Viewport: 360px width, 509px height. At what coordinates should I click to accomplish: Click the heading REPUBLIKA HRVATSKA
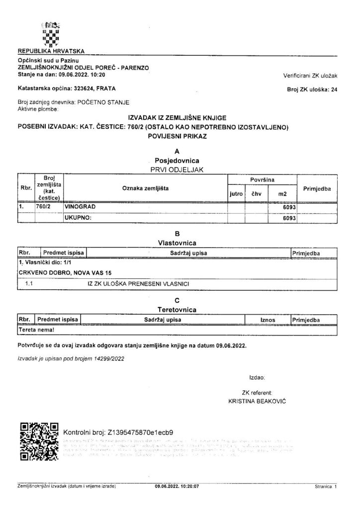51,51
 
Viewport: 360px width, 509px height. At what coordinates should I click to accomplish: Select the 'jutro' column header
236,192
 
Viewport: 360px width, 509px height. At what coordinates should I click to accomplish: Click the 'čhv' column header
256,192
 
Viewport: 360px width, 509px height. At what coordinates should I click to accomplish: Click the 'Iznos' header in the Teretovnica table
268,319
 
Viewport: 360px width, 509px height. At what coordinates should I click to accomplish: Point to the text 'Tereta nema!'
36,329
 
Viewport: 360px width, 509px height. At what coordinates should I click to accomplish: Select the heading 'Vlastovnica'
178,243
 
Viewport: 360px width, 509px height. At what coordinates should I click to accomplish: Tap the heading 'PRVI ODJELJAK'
178,169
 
